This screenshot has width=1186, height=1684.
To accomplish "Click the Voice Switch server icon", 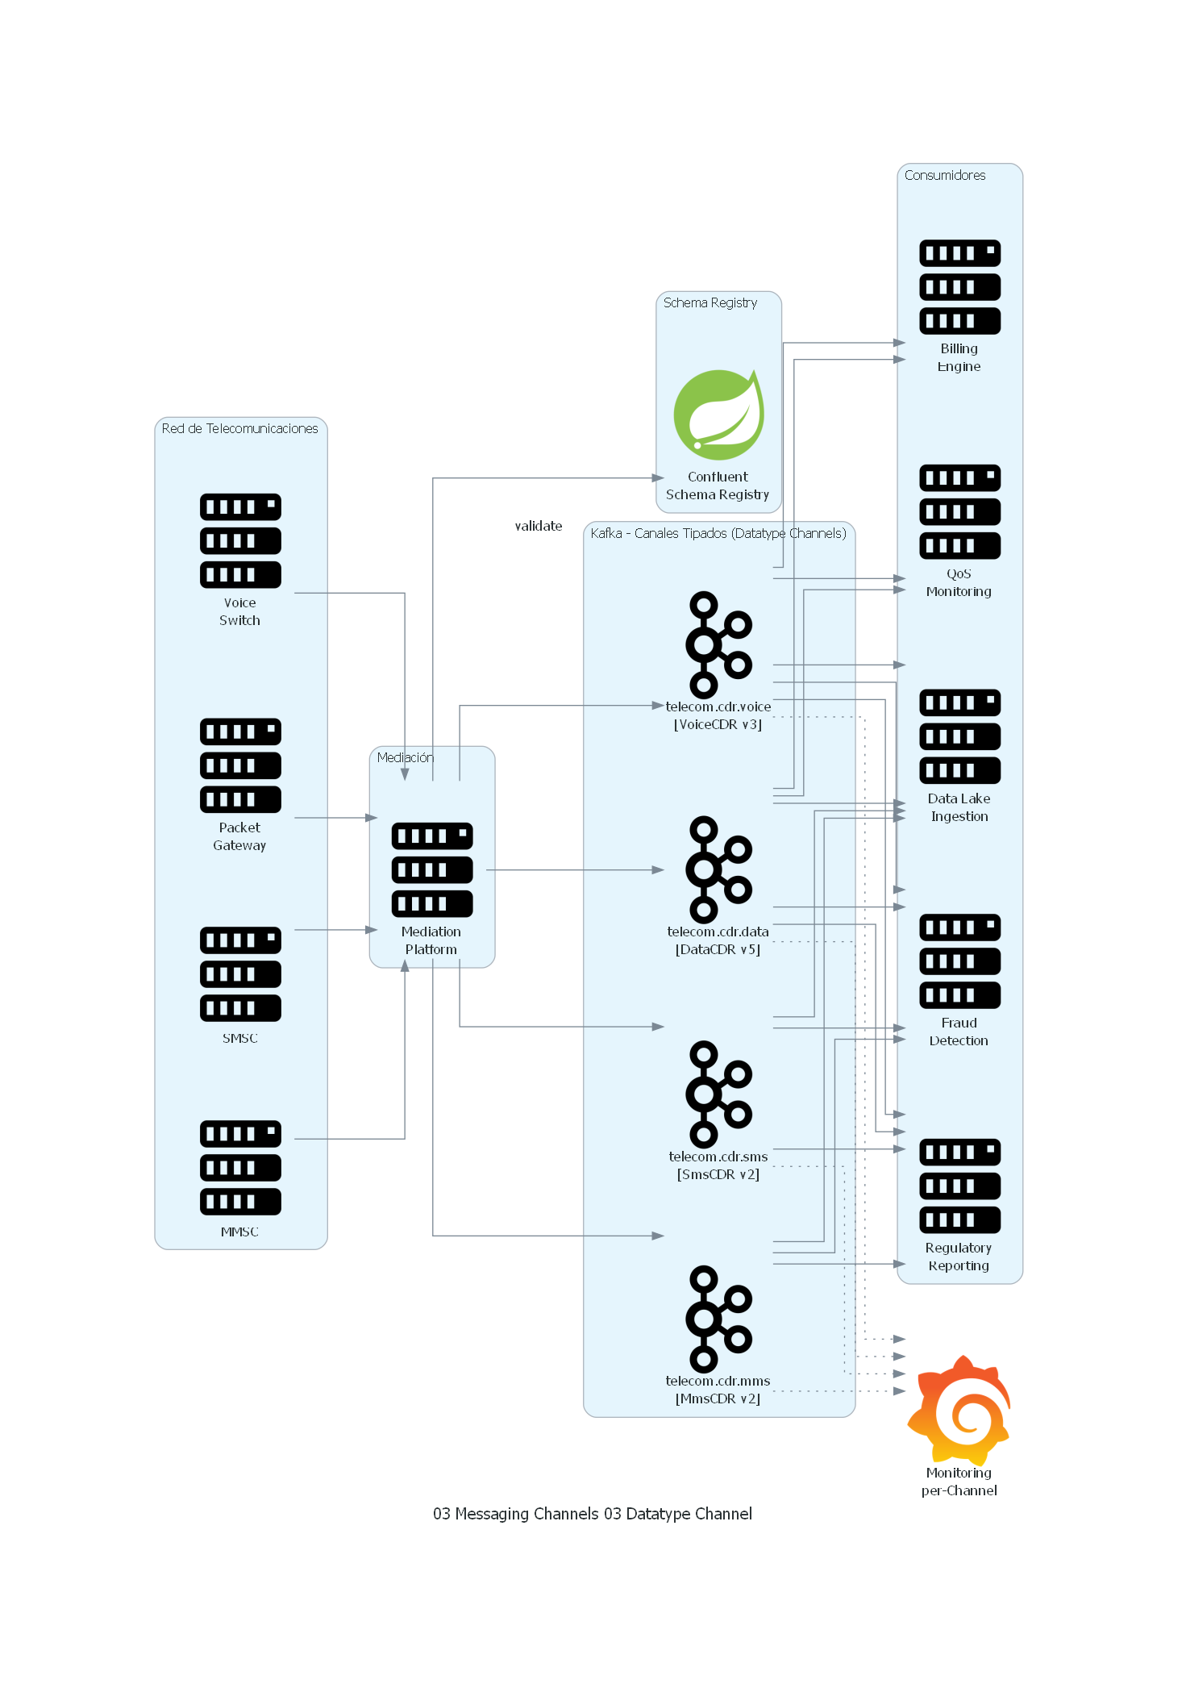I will pos(240,540).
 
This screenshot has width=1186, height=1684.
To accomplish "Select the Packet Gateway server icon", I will pos(240,765).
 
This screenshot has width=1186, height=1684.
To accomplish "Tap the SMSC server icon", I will pos(240,973).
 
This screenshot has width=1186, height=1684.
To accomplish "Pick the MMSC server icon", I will pos(240,1167).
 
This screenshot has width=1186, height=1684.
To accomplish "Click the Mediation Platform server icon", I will pos(432,869).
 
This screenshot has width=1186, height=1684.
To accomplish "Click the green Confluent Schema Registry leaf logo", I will pos(718,415).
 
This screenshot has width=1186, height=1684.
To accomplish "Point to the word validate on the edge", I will pos(539,526).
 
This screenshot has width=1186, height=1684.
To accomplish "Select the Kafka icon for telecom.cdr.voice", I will pos(718,644).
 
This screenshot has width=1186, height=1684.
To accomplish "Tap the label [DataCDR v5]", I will pos(718,949).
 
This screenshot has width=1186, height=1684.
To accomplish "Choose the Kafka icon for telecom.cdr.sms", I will pos(718,1094).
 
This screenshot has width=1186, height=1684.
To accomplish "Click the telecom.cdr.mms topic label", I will pos(718,1381).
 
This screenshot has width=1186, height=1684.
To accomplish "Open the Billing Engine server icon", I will pos(959,287).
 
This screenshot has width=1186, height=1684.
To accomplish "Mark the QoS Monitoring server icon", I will pos(959,511).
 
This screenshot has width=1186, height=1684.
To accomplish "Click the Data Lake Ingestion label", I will pos(959,807).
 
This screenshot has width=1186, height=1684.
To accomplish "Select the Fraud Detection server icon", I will pos(959,961).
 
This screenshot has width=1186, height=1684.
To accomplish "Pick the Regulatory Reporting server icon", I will pos(959,1186).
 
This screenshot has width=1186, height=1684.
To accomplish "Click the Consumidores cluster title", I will pos(944,175).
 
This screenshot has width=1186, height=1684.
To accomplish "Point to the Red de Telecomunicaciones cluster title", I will pos(239,428).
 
